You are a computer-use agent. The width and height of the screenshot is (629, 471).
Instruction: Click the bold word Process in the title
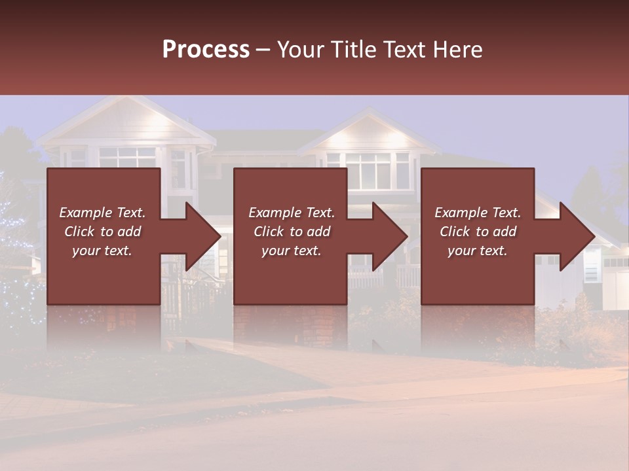(x=206, y=50)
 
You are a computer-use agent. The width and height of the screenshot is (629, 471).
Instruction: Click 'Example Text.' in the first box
(x=102, y=213)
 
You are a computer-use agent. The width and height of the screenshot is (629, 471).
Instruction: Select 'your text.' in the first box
(x=102, y=251)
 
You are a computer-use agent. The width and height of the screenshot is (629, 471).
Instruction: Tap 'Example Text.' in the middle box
(x=292, y=213)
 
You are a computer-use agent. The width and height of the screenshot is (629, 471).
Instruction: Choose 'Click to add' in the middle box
(x=292, y=232)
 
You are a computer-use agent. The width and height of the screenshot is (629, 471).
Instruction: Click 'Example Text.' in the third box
(x=478, y=213)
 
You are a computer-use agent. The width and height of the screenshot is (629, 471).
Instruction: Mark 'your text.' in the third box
(x=478, y=251)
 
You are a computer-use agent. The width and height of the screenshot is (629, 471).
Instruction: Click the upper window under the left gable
(x=128, y=157)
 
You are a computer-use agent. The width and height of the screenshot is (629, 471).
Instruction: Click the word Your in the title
(x=300, y=50)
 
